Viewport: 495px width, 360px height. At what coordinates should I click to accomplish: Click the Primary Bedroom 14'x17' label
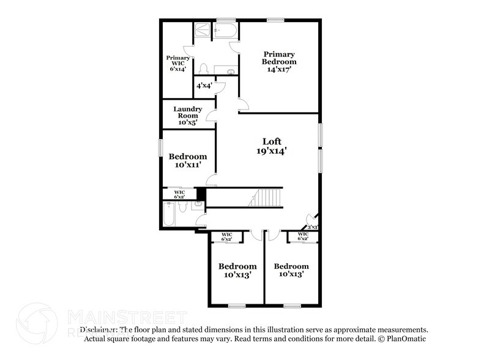279,62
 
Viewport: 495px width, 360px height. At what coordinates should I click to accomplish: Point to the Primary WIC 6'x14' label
177,64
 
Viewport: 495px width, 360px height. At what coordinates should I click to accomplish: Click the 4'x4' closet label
204,86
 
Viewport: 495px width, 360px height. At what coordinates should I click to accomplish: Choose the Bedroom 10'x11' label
188,160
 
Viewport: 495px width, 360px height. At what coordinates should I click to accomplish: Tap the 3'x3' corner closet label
312,227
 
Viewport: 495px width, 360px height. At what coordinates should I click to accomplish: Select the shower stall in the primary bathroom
201,31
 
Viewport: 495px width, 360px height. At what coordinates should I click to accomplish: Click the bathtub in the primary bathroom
225,31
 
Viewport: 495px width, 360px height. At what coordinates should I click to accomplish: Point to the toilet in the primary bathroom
206,68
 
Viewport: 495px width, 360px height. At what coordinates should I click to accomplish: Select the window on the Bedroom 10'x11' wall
161,148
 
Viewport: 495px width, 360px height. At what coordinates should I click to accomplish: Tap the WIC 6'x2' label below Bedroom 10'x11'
179,194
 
